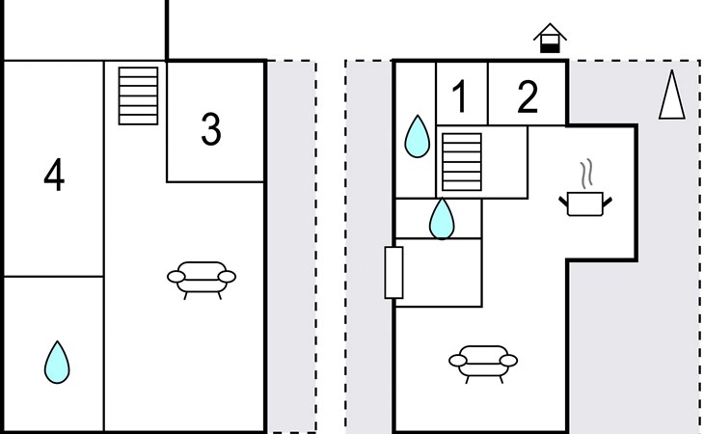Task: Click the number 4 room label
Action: (54, 175)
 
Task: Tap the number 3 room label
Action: (211, 129)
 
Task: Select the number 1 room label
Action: (460, 96)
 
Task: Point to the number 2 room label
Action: (528, 96)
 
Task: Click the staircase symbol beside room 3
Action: (138, 95)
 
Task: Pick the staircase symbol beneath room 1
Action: (462, 162)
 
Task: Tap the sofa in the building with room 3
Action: (202, 279)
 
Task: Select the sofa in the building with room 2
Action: (483, 363)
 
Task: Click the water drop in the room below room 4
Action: (57, 363)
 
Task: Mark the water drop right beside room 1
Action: (418, 136)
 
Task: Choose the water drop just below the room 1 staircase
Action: (442, 218)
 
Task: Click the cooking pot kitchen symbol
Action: (585, 203)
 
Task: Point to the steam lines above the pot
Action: (586, 174)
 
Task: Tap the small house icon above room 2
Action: (550, 39)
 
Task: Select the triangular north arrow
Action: (671, 95)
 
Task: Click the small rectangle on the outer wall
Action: (393, 272)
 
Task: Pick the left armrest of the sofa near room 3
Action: (176, 277)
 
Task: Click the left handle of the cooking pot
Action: (563, 202)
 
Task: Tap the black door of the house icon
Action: (550, 47)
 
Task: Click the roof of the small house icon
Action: (550, 32)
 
